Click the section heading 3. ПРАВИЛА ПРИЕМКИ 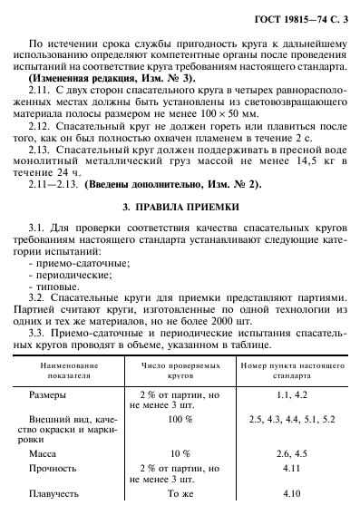pos(181,207)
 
